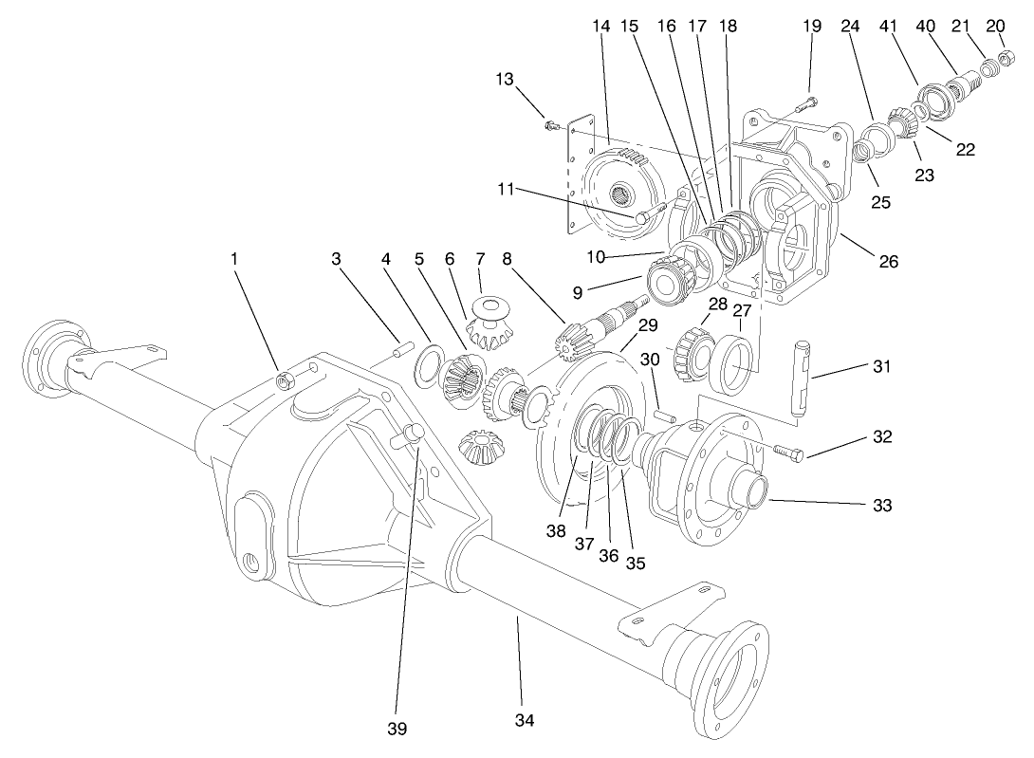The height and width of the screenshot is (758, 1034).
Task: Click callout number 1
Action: tap(233, 257)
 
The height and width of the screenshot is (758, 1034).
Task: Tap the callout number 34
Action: tap(525, 722)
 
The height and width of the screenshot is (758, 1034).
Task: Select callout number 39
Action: tap(397, 728)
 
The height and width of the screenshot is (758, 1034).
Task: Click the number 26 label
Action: tap(888, 262)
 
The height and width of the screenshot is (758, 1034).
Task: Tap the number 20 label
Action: tap(996, 26)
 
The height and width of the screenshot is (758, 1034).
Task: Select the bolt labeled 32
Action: tap(788, 454)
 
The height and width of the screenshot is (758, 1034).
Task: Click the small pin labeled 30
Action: tap(666, 415)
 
